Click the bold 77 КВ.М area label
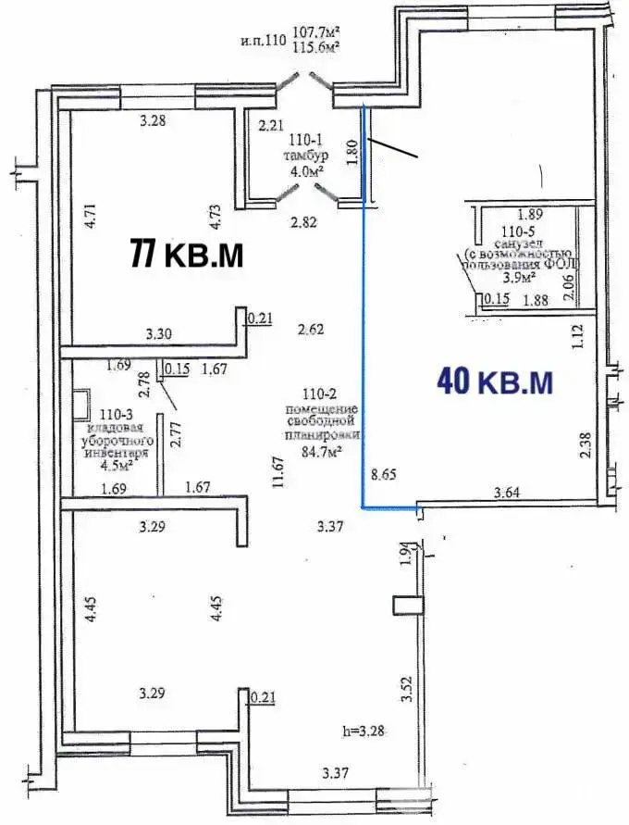(x=187, y=253)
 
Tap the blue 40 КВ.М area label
(x=496, y=381)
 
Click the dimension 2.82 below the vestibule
(x=303, y=222)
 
